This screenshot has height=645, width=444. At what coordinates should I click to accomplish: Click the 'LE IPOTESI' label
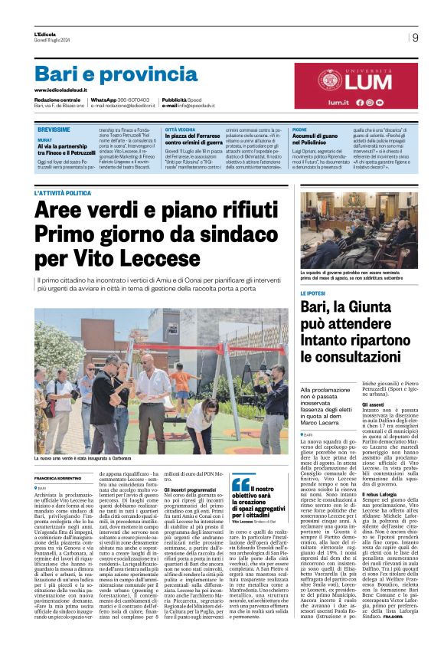point(312,294)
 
